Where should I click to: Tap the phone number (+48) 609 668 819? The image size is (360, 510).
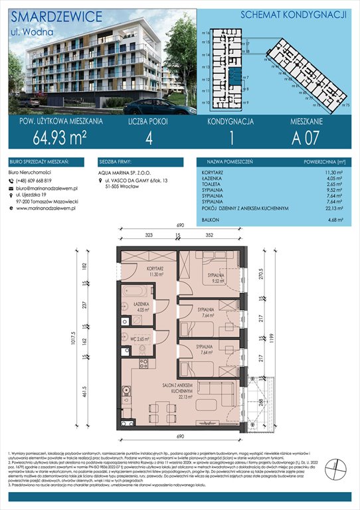[x=37, y=181]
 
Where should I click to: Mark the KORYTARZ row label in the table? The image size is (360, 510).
[x=213, y=171]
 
